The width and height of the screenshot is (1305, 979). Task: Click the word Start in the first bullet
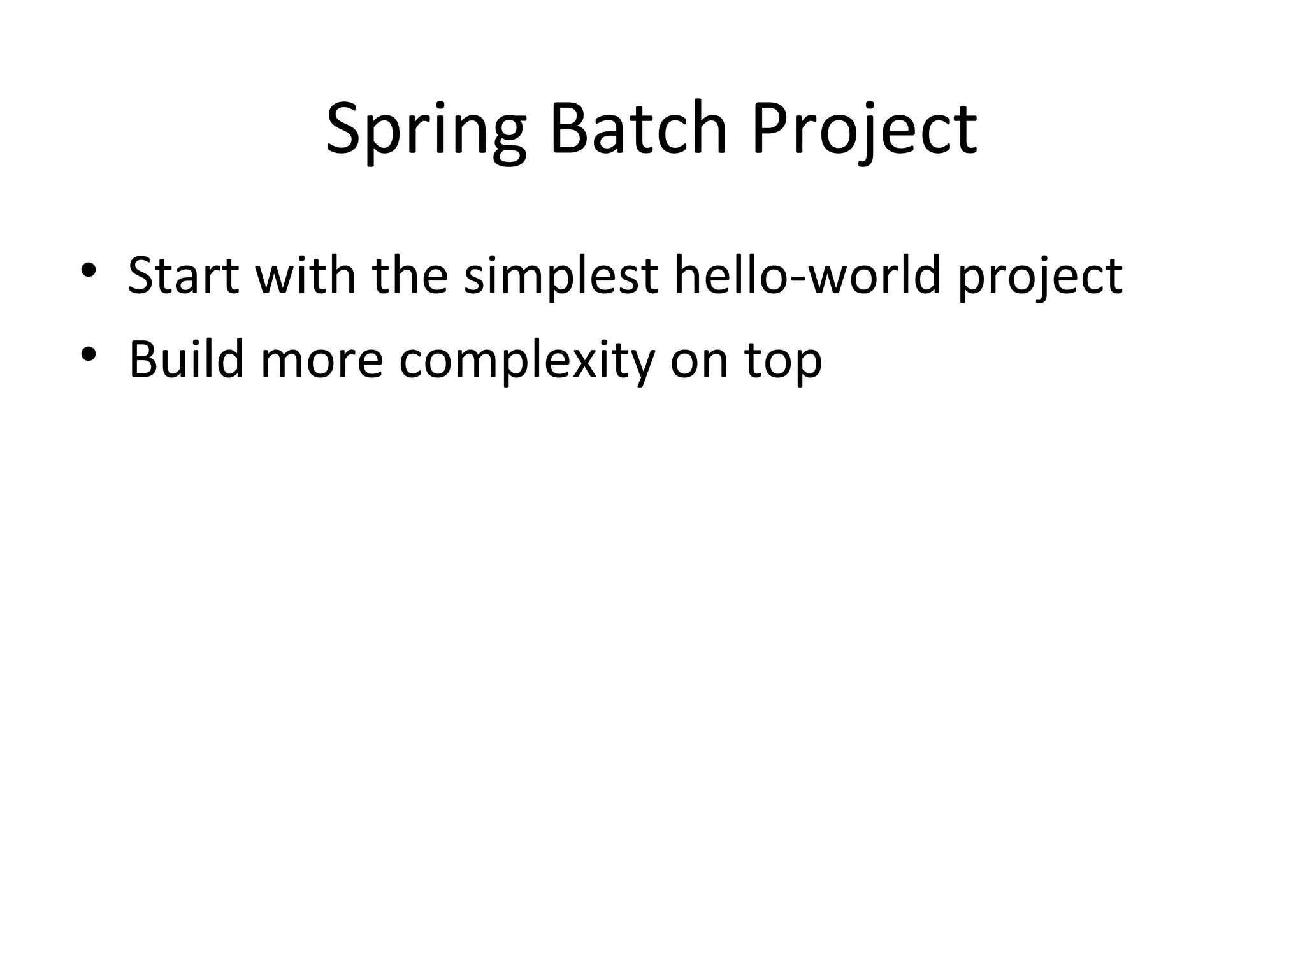pyautogui.click(x=184, y=276)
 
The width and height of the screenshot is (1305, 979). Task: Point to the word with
pyautogui.click(x=305, y=276)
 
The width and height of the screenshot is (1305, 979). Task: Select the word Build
pyautogui.click(x=186, y=359)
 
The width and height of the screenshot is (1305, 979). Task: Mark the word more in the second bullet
pyautogui.click(x=322, y=361)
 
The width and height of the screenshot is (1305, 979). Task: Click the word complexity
pyautogui.click(x=527, y=361)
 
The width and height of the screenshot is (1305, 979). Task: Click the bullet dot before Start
pyautogui.click(x=88, y=270)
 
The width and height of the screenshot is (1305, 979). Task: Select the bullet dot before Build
pyautogui.click(x=88, y=354)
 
